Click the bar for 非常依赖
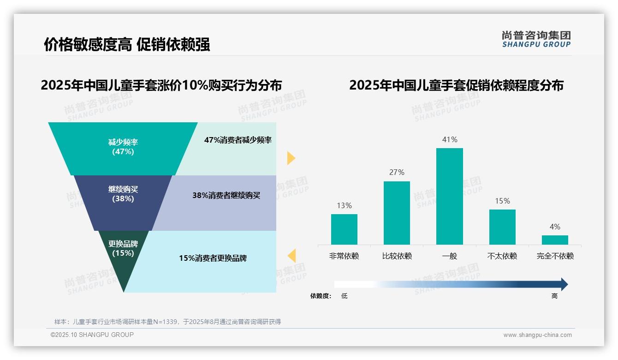tap(344, 229)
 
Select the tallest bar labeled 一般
tap(449, 196)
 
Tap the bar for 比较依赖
tap(397, 213)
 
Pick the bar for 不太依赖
tap(502, 227)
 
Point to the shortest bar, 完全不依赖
tap(555, 240)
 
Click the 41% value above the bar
tap(450, 139)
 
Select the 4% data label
tap(555, 227)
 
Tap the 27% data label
tap(397, 172)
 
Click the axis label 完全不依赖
tap(555, 256)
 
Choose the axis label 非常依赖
tap(344, 256)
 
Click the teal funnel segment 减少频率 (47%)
tap(123, 148)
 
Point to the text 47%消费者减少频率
tap(238, 140)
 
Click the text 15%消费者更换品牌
tap(213, 258)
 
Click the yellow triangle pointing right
tap(291, 158)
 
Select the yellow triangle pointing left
tap(291, 255)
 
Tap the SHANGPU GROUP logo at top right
tap(536, 39)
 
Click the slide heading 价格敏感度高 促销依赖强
tap(127, 44)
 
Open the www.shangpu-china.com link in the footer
tap(537, 335)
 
